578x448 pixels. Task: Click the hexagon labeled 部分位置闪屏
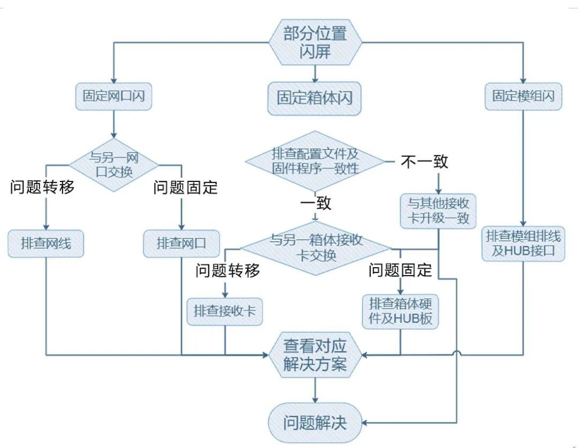[315, 42]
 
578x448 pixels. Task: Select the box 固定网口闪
[113, 96]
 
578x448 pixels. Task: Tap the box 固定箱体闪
[314, 98]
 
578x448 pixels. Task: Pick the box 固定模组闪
[523, 96]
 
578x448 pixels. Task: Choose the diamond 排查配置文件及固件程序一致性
[315, 161]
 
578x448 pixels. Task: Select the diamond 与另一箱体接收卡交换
[316, 247]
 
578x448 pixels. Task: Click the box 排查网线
[46, 244]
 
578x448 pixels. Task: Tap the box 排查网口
[181, 244]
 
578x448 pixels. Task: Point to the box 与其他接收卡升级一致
[438, 211]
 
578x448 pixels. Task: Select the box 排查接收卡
[225, 311]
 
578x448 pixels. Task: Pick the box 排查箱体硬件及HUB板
[401, 311]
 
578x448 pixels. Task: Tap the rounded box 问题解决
[315, 423]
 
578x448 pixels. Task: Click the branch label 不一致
[424, 161]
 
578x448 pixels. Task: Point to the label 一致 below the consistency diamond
[315, 203]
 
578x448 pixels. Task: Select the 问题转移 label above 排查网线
[42, 188]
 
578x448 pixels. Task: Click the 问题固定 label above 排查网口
[185, 188]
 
